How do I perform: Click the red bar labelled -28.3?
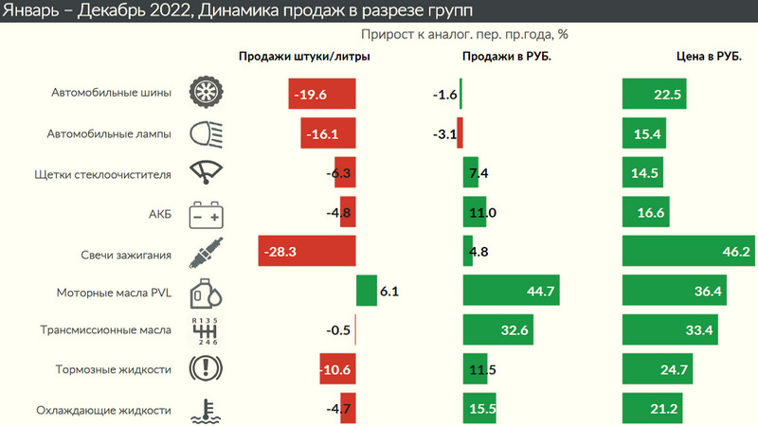(x=306, y=252)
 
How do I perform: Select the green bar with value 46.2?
(x=688, y=252)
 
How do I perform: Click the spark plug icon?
(x=206, y=253)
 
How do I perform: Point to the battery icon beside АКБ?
(x=206, y=213)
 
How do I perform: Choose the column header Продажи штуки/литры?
(x=303, y=57)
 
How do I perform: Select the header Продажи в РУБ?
(x=507, y=57)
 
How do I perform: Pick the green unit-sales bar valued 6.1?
(x=366, y=292)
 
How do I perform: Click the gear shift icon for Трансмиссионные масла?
(x=206, y=331)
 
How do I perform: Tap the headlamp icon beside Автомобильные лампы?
(x=206, y=133)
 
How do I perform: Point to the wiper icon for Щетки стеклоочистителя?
(x=206, y=173)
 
